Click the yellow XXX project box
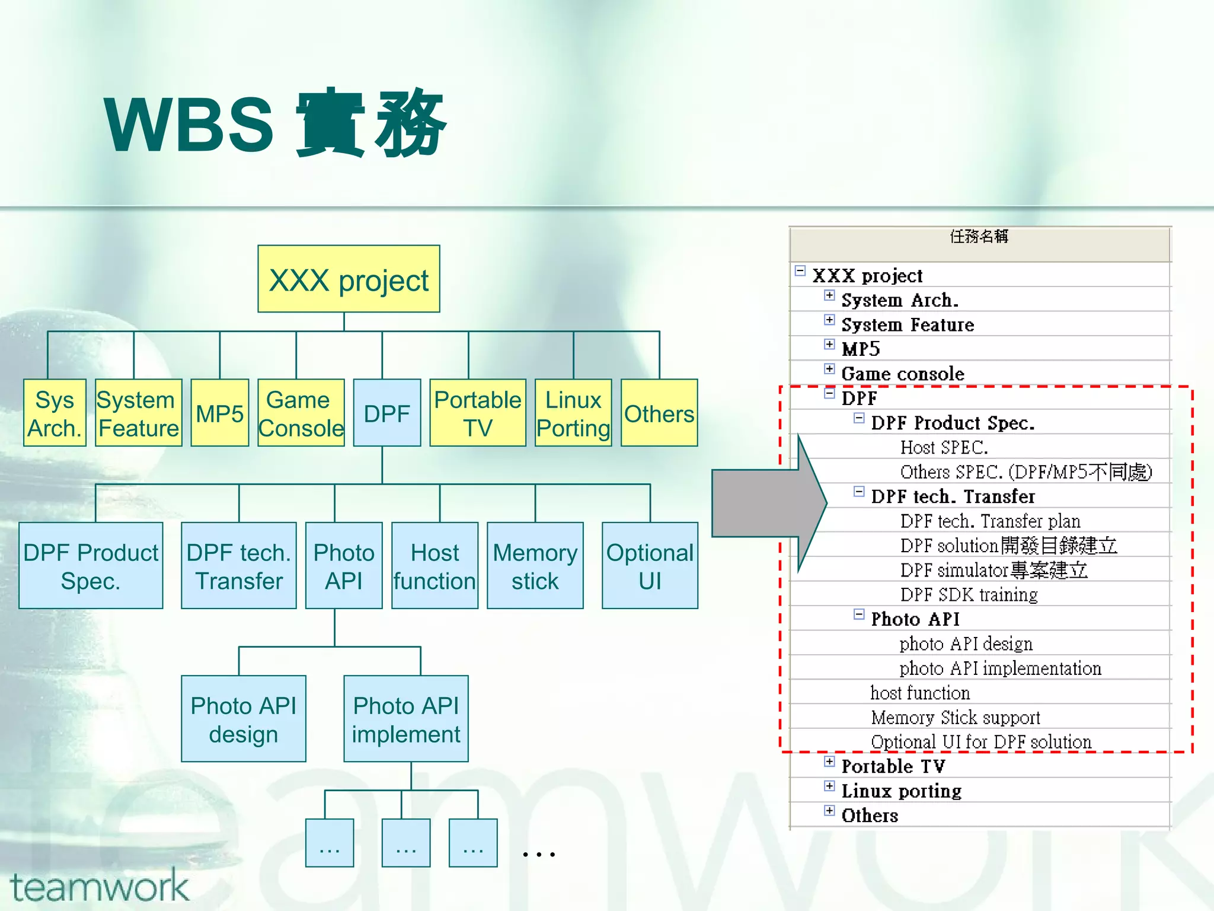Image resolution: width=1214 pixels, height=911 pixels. pos(349,279)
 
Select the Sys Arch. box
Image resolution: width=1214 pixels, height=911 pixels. pos(55,413)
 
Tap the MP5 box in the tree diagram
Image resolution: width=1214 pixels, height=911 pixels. pos(219,413)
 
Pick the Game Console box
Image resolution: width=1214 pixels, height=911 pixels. pos(301,413)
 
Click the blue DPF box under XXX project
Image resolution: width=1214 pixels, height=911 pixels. pos(386,413)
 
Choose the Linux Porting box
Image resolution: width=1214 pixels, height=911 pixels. pos(573,413)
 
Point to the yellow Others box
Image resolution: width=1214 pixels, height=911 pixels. pos(659,413)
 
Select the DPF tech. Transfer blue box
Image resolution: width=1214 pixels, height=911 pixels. pos(238,566)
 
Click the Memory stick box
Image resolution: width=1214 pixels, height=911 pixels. pos(535,566)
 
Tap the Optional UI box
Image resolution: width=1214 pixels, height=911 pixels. pos(650,566)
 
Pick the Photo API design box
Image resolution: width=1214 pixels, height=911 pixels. pos(243,719)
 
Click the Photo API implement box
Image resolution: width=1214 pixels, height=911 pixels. pos(405,719)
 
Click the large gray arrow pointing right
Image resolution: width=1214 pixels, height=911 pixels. pos(765,503)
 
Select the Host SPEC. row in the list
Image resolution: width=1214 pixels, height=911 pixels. pos(944,447)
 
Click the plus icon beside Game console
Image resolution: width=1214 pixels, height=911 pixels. pos(829,369)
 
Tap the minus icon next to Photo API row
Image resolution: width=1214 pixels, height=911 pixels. pos(859,614)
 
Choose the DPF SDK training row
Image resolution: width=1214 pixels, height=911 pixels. pos(969,594)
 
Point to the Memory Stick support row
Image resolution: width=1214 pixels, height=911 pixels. pos(956,717)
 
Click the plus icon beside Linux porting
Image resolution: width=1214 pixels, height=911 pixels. pos(829,786)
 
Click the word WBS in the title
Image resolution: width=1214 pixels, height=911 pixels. pos(189,125)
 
